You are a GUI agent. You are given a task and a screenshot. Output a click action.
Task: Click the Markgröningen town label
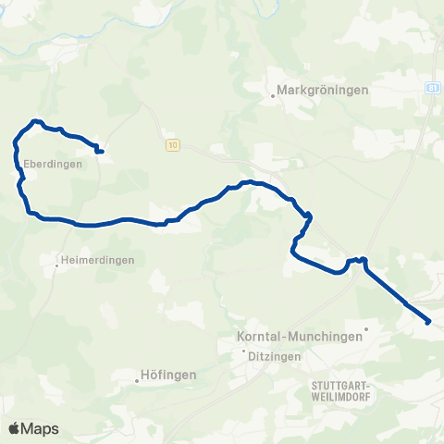pos(324,91)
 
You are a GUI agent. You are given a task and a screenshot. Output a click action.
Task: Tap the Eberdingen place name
pos(53,165)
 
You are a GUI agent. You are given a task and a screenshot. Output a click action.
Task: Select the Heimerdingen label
pos(98,260)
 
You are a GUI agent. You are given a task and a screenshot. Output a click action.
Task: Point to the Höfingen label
pos(169,375)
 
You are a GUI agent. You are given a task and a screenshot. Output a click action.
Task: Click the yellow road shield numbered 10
pos(172,145)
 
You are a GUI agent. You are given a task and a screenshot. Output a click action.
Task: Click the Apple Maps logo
pos(34,428)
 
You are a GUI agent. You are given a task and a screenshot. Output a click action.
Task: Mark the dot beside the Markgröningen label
pos(274,93)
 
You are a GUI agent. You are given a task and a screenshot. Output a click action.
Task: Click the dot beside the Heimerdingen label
pos(56,265)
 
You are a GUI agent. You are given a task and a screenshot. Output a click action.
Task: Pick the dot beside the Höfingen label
pos(137,377)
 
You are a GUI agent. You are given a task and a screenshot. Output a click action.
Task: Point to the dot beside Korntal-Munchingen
pos(366,327)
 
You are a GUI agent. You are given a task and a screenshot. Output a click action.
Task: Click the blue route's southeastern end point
pos(428,322)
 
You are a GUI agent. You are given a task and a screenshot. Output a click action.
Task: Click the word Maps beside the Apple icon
pos(42,428)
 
